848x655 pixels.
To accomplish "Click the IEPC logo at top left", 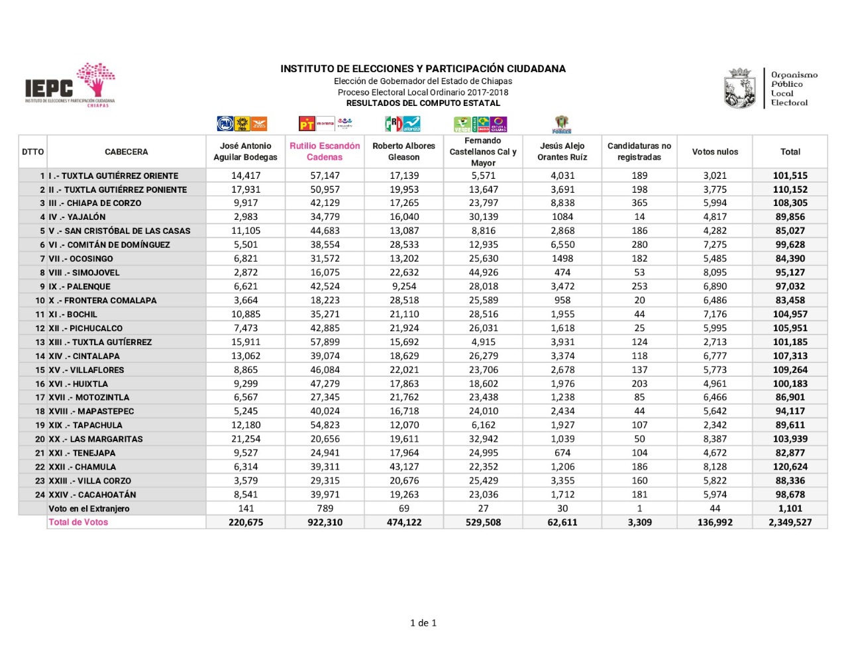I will pos(70,86).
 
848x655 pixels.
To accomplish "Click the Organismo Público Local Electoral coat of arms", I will pos(740,88).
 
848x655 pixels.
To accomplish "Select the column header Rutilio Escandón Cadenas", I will pos(325,152).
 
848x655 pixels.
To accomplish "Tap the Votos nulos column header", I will pos(715,152).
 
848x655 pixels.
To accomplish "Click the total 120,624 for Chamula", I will pos(790,467).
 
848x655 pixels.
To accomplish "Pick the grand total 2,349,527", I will pos(790,523).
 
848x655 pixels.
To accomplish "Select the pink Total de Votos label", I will pos(78,523).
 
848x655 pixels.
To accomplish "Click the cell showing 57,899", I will pos(325,342).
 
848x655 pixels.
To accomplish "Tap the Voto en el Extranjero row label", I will pos(89,509).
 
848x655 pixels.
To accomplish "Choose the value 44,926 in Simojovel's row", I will pos(483,273).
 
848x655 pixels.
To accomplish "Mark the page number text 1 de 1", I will pos(423,623).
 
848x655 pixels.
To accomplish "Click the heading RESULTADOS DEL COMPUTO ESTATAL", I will pos(423,103).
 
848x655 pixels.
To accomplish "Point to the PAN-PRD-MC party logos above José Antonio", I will pos(242,124).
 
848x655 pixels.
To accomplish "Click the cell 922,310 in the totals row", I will pos(325,523).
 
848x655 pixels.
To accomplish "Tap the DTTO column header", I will pos(32,152).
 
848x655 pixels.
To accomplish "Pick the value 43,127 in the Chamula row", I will pos(403,467).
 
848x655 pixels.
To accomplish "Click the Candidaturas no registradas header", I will pos(639,152).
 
